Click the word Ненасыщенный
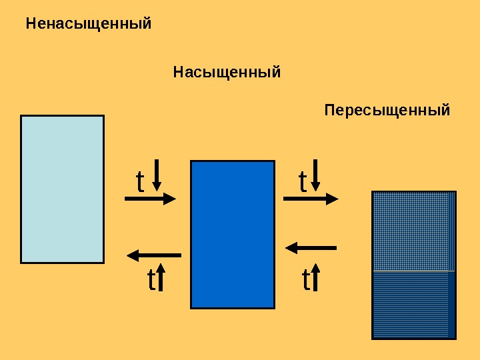[x=88, y=25]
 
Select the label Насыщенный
[x=227, y=71]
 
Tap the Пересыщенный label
[x=387, y=109]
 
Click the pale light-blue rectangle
[x=63, y=189]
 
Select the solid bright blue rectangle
[x=233, y=235]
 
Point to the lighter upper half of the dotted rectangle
[x=414, y=231]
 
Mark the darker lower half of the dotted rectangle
[x=414, y=305]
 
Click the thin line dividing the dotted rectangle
[x=414, y=271]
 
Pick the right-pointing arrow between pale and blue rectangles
[x=151, y=199]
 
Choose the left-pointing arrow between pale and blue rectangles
[x=154, y=255]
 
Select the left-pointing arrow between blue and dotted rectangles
[x=311, y=248]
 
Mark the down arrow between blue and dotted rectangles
[x=317, y=174]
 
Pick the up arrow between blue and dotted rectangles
[x=317, y=278]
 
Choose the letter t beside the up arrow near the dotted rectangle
[x=305, y=281]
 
